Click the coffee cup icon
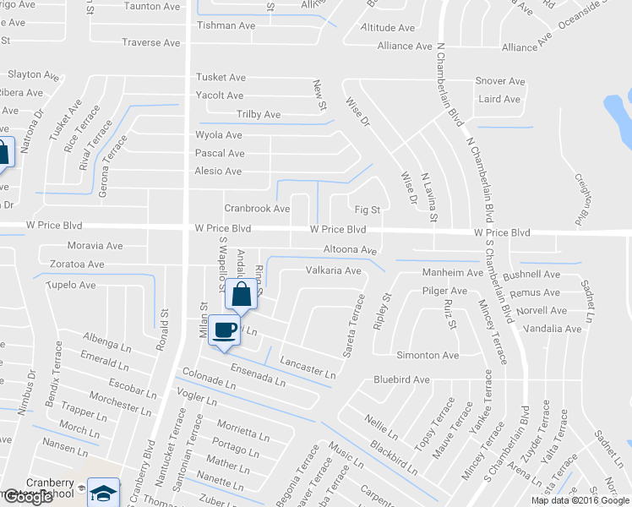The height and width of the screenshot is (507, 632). click(224, 330)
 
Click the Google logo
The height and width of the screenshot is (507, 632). click(27, 497)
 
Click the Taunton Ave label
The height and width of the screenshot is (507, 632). click(151, 5)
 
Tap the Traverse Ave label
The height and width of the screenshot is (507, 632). click(151, 42)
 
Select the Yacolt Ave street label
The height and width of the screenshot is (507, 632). click(220, 95)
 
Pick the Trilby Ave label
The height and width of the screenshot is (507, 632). click(259, 114)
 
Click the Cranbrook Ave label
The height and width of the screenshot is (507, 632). click(257, 208)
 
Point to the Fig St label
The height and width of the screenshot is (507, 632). click(368, 209)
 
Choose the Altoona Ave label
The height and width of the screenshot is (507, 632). click(350, 250)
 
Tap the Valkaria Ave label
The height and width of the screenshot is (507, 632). click(333, 271)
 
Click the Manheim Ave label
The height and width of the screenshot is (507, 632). click(453, 273)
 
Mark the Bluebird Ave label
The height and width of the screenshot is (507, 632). click(402, 379)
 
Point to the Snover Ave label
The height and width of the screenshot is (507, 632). click(500, 81)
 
